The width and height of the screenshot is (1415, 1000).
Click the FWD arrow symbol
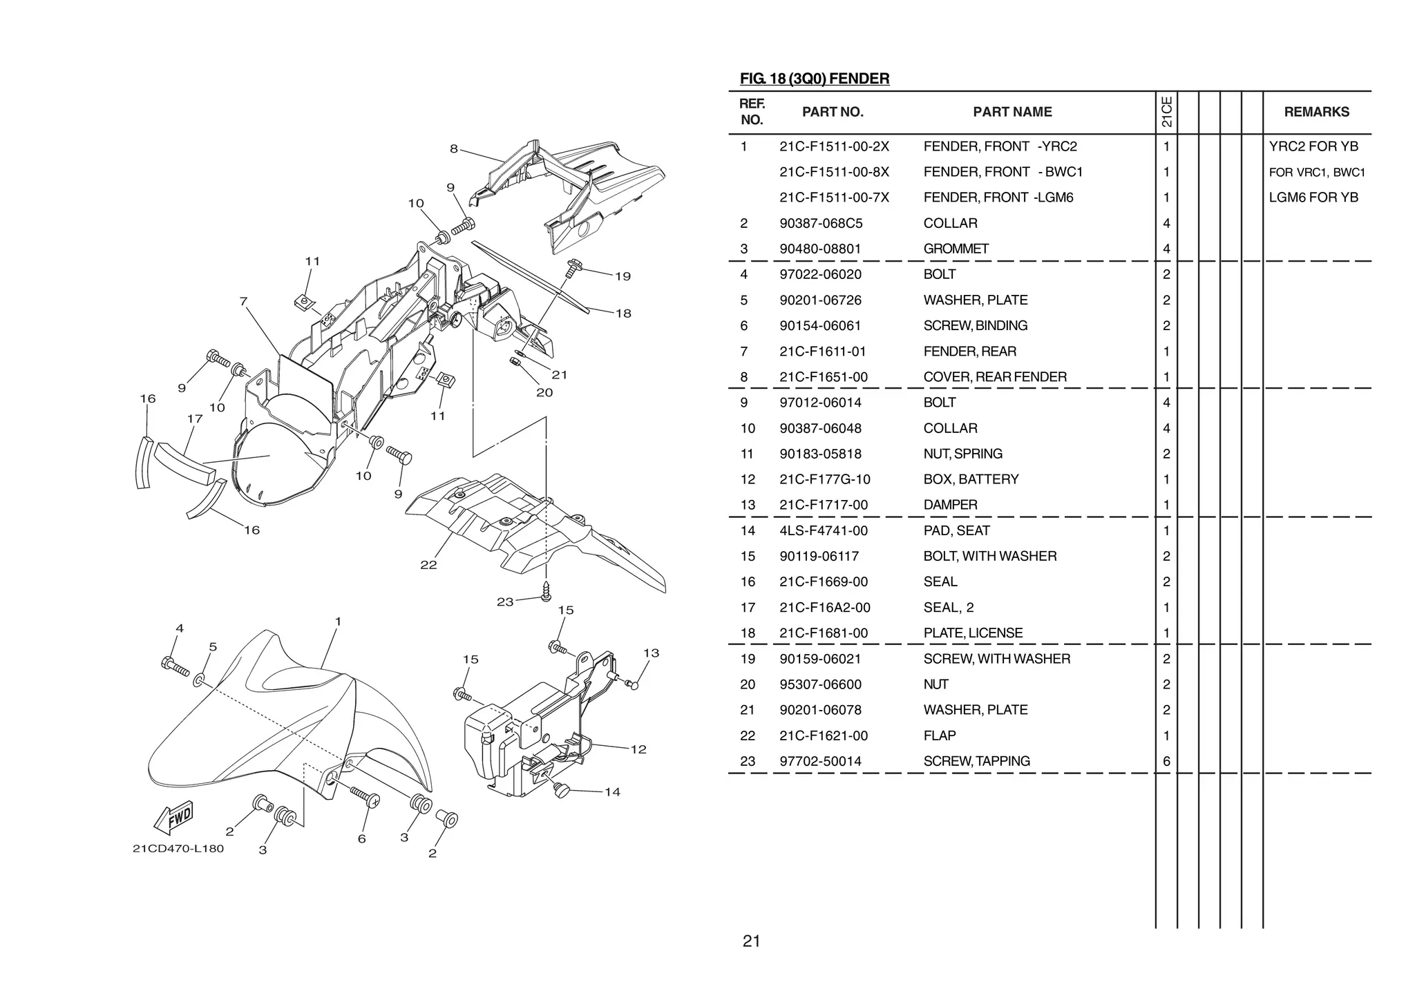click(x=173, y=818)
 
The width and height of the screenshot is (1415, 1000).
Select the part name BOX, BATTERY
click(x=971, y=479)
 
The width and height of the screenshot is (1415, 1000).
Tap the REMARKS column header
click(x=1316, y=112)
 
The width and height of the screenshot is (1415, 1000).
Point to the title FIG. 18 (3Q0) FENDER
click(x=814, y=79)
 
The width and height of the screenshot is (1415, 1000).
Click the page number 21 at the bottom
click(x=751, y=941)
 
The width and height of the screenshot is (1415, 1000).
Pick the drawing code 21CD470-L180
click(x=178, y=848)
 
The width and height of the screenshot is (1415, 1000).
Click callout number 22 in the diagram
click(x=428, y=565)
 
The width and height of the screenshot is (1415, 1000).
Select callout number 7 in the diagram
click(x=243, y=302)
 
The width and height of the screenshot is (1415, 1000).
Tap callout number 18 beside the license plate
click(x=623, y=314)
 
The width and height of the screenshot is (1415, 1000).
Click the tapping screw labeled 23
click(x=547, y=589)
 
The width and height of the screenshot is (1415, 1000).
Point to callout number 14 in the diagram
click(x=612, y=792)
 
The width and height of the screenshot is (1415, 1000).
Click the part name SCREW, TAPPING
click(x=976, y=761)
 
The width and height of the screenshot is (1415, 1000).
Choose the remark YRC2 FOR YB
click(x=1313, y=146)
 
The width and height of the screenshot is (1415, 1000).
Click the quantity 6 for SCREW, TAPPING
click(x=1166, y=761)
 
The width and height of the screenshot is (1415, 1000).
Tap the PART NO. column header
click(x=833, y=112)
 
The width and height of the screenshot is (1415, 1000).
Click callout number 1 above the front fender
click(x=338, y=622)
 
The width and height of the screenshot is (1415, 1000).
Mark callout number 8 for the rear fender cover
click(x=454, y=148)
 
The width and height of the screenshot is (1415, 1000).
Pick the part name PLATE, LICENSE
click(x=973, y=633)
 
